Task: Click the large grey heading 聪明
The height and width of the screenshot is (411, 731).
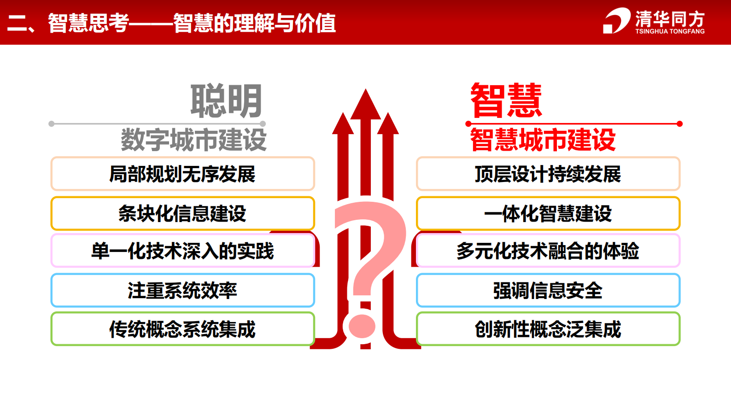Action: click(226, 101)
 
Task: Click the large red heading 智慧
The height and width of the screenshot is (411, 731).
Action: click(506, 101)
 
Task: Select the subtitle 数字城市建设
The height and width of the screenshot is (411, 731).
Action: click(193, 140)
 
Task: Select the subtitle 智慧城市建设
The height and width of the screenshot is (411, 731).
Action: click(543, 140)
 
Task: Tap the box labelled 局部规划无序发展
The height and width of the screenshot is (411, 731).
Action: click(182, 174)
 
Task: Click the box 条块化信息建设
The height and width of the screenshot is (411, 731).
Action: click(182, 213)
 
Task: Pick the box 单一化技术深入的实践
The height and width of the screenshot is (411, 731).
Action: click(182, 251)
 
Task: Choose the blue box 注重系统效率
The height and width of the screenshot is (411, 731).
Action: click(182, 290)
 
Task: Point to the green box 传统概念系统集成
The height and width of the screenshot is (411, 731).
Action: click(182, 329)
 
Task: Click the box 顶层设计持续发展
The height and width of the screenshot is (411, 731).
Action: click(548, 174)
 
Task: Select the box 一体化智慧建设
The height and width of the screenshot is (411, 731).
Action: click(548, 213)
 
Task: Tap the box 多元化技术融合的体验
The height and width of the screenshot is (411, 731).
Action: click(548, 251)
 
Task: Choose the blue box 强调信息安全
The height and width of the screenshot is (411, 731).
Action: click(548, 290)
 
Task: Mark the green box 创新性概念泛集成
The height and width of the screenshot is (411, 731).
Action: click(548, 329)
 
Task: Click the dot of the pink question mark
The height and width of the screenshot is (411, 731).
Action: click(362, 326)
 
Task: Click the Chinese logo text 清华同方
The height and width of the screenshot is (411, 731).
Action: click(670, 19)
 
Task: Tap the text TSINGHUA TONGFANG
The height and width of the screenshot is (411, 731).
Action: click(670, 31)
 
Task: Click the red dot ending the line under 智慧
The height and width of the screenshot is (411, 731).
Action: click(679, 124)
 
